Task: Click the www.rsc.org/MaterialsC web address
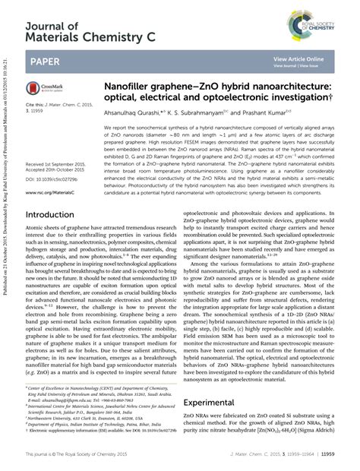pyautogui.click(x=50, y=193)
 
